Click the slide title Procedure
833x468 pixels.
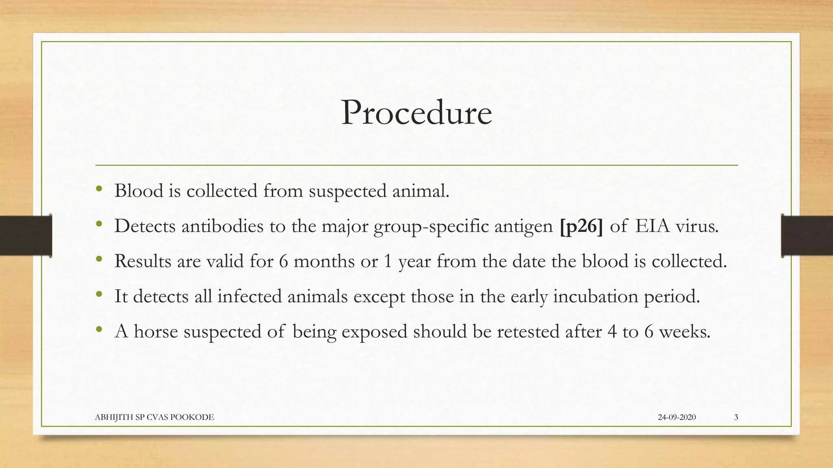(x=416, y=113)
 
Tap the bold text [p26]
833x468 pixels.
(x=581, y=226)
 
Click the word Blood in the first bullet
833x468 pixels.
(x=139, y=191)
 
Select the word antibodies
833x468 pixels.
(x=222, y=226)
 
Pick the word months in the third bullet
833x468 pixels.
(x=324, y=261)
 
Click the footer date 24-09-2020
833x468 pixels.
(x=677, y=417)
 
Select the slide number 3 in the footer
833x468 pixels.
(x=736, y=417)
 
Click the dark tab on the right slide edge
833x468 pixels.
(x=807, y=236)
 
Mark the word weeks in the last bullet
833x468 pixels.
(x=684, y=331)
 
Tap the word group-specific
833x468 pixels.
(x=431, y=226)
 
